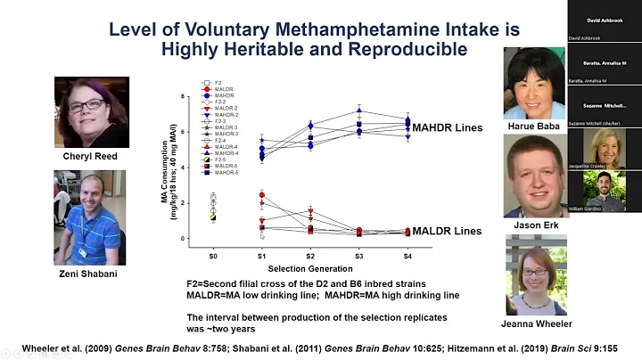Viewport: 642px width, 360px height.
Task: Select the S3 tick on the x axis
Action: click(x=358, y=256)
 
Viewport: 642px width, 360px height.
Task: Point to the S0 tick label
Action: click(x=213, y=256)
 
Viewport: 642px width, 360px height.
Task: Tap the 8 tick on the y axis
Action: click(x=184, y=95)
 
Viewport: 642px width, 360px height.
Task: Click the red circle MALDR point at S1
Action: click(x=261, y=195)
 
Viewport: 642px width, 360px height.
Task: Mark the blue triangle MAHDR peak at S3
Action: click(x=358, y=110)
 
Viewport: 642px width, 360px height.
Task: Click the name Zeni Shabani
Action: click(x=88, y=274)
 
